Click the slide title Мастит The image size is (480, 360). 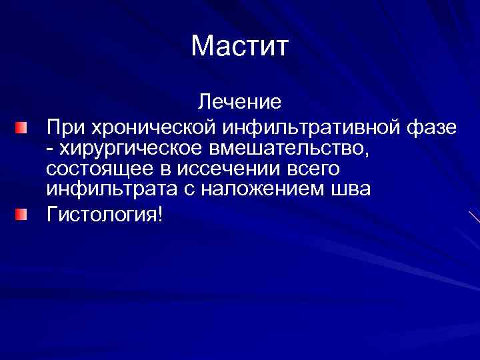(239, 46)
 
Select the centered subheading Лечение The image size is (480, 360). (239, 102)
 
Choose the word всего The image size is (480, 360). (316, 169)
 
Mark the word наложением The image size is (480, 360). (259, 189)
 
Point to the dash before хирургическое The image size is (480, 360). (51, 149)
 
